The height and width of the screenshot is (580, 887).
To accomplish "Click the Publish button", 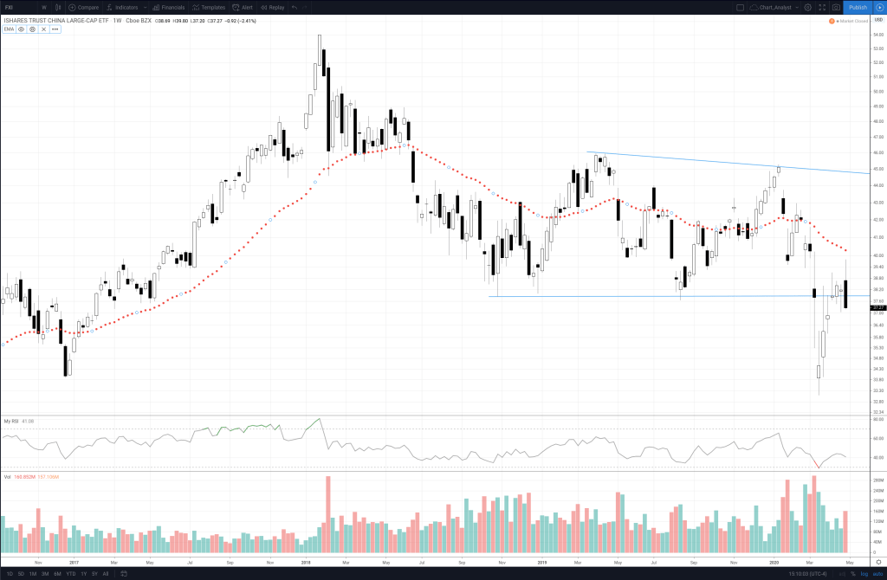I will point(858,7).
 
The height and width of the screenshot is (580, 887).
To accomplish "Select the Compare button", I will point(84,7).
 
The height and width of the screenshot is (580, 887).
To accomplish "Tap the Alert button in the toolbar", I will point(243,7).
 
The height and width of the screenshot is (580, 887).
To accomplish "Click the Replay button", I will point(273,7).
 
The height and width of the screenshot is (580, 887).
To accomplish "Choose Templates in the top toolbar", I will point(209,7).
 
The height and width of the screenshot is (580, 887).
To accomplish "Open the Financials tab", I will point(169,7).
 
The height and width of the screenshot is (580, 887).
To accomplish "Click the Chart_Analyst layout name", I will point(769,7).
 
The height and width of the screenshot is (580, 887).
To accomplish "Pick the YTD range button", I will point(70,574).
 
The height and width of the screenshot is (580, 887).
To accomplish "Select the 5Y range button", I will point(94,574).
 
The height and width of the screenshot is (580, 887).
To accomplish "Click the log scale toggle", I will point(864,574).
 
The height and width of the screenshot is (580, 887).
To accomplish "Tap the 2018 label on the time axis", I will point(306,562).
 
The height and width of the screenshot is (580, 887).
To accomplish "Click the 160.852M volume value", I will point(24,476).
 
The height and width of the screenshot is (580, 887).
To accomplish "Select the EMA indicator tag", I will point(9,29).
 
